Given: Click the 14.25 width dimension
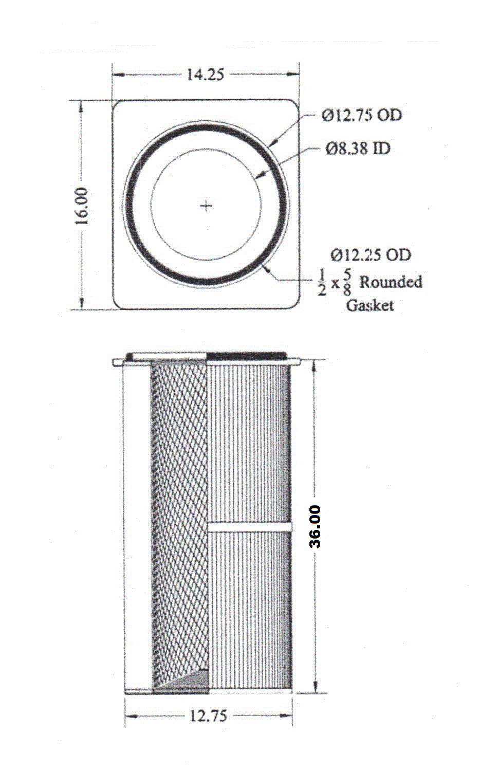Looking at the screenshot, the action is point(206,75).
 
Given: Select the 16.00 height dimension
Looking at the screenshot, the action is point(82,206).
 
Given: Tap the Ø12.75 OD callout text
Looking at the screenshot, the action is point(362,116).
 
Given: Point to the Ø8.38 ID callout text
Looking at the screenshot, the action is point(358,149).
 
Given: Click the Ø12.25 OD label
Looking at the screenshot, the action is point(371,255).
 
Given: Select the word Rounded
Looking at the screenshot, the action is point(391,282).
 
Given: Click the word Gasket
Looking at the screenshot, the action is point(370,305).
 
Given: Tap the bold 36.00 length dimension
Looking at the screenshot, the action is point(315,527).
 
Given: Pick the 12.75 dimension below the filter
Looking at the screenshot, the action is point(209,717).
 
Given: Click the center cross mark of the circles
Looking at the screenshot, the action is point(206,206).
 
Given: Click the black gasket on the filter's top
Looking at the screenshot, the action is point(246,356).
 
